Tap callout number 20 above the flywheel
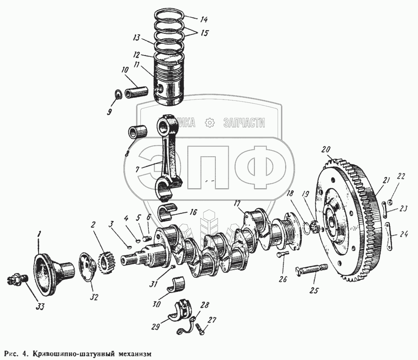(326, 149)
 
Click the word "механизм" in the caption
(133, 353)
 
